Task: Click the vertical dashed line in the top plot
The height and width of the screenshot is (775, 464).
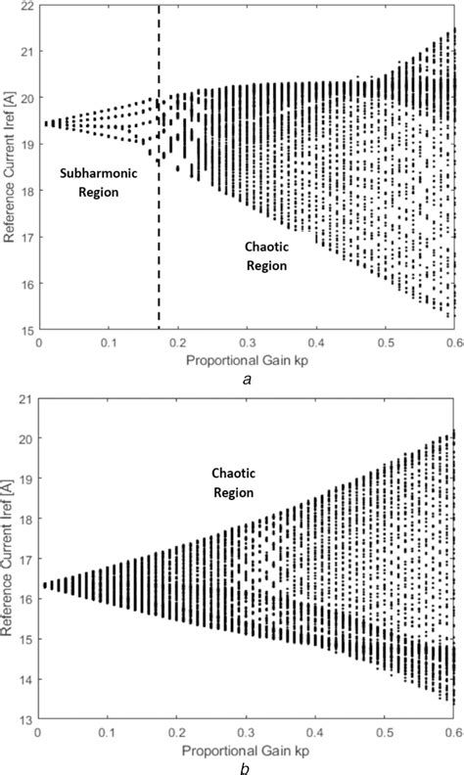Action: pos(159,245)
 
